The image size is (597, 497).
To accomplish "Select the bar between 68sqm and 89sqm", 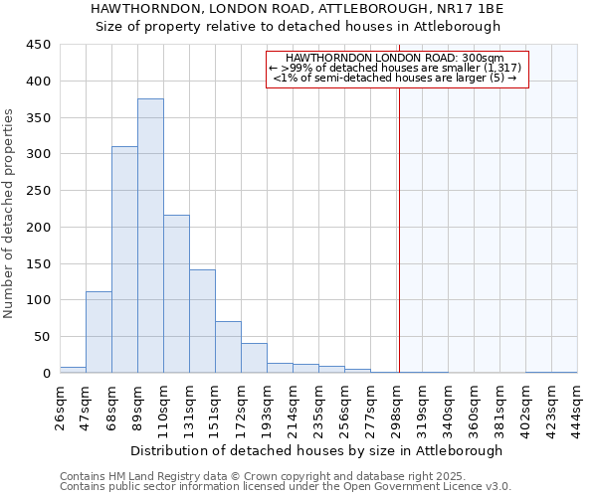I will click(124, 259).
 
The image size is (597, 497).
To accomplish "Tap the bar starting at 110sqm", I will click(176, 294).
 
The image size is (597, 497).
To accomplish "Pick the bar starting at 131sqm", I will click(202, 321).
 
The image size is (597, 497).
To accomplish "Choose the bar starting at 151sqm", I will click(228, 347).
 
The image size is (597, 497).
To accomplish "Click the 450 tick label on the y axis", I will click(38, 45).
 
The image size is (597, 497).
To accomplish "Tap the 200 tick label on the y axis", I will click(38, 228).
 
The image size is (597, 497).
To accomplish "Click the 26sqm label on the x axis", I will click(61, 409).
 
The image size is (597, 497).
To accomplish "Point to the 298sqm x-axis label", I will click(397, 409).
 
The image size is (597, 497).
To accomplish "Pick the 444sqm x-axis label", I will click(578, 409).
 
